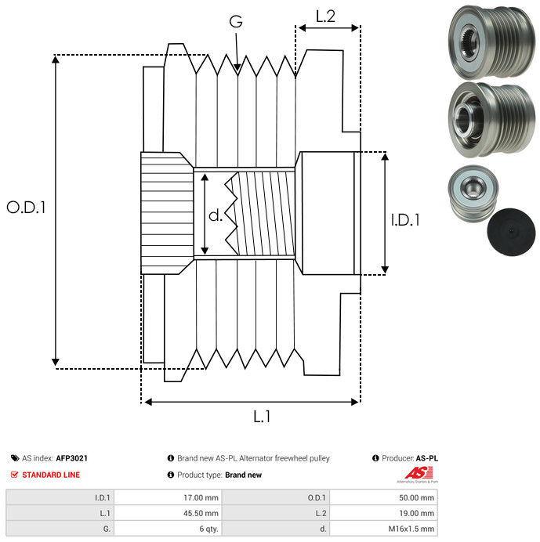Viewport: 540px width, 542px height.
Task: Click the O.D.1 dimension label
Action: [x=26, y=208]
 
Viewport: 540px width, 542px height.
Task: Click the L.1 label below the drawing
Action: [x=262, y=417]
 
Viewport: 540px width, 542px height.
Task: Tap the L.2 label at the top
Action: [x=325, y=16]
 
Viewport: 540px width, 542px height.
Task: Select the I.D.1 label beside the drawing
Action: [x=405, y=220]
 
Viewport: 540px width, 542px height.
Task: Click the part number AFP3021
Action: [x=72, y=458]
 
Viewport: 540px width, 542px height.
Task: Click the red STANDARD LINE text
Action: [x=51, y=475]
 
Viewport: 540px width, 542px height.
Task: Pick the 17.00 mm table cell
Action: [x=200, y=497]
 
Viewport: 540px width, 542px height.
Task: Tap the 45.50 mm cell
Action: [x=200, y=513]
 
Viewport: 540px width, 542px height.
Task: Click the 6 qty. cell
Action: [x=207, y=529]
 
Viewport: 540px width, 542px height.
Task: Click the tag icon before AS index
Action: [x=15, y=458]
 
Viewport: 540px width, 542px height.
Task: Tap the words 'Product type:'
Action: [x=200, y=475]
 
